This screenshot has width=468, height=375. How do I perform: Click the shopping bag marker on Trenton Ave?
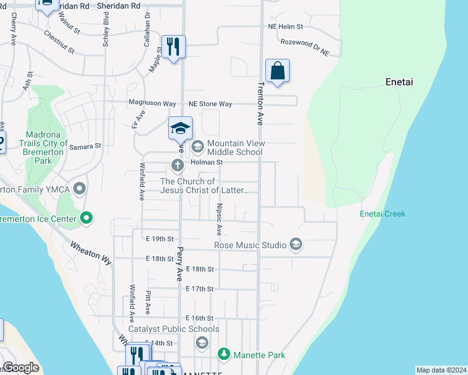tap(277, 71)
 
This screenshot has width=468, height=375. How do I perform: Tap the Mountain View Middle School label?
tap(235, 147)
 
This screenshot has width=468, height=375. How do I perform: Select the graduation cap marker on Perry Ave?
tap(180, 129)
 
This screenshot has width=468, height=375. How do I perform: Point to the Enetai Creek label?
tap(382, 214)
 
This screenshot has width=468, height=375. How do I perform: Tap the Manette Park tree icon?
tap(224, 355)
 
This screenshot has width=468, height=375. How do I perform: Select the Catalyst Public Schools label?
tap(174, 329)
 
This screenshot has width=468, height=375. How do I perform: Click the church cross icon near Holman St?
tap(177, 166)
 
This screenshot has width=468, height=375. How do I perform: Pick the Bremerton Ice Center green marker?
tap(86, 219)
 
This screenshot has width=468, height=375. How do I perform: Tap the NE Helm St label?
tap(285, 27)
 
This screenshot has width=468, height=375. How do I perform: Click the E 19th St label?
tap(160, 239)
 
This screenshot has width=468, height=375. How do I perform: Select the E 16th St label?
tap(200, 318)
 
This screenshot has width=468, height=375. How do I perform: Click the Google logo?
tap(21, 367)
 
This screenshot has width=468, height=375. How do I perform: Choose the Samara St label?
tap(85, 146)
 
